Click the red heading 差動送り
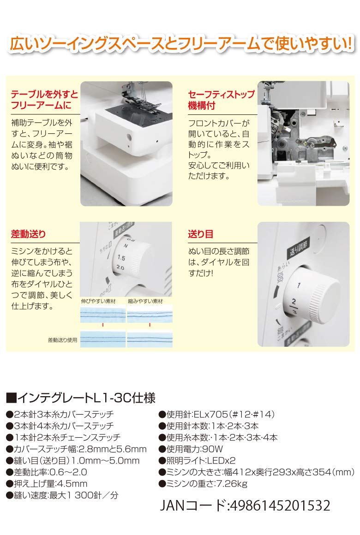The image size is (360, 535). coord(28,234)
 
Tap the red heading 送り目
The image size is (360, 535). coord(200,234)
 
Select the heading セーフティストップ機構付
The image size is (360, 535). coord(221,100)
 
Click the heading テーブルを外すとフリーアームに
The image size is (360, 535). coord(44,100)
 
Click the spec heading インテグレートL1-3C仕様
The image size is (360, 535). coord(80,398)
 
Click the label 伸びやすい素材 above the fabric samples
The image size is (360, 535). coord(96,301)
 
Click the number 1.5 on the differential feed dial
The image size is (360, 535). coord(121,257)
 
